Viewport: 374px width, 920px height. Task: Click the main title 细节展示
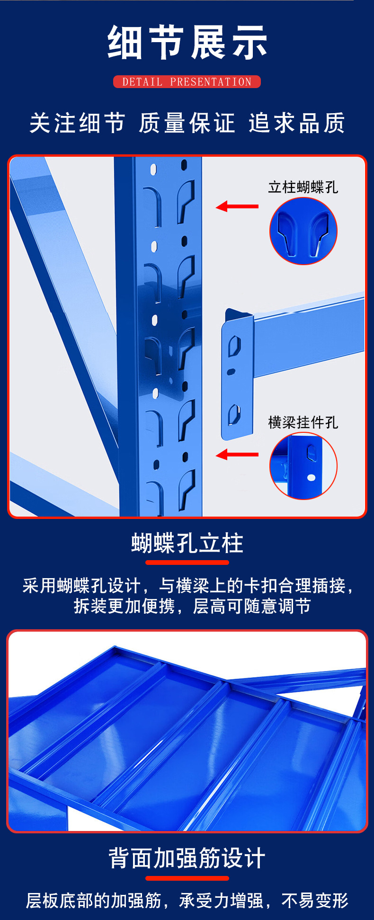click(x=187, y=43)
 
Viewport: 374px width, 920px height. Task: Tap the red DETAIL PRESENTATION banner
click(x=187, y=82)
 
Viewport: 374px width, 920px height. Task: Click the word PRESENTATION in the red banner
click(x=211, y=82)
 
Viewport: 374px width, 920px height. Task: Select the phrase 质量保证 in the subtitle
click(x=187, y=123)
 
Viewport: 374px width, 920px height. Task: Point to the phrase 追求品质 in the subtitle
click(x=297, y=123)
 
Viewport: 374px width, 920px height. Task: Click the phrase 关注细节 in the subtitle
click(x=77, y=123)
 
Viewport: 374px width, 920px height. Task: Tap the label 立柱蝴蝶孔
click(x=303, y=187)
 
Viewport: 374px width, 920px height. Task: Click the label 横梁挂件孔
click(x=303, y=422)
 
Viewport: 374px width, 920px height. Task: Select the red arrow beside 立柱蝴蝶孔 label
click(x=237, y=206)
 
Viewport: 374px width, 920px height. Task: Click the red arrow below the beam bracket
click(x=237, y=455)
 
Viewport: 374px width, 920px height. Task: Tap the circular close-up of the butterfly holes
click(x=303, y=231)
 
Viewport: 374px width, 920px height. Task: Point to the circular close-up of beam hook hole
click(x=303, y=466)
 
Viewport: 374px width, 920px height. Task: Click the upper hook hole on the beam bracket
click(x=235, y=346)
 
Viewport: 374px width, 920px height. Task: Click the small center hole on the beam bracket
click(x=231, y=372)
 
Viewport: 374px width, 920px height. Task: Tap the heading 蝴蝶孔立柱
click(x=187, y=543)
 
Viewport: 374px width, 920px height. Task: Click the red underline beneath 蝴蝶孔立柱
click(x=187, y=563)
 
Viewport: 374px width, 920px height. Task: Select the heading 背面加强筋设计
click(x=187, y=858)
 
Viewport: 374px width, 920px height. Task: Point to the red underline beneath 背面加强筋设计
click(x=187, y=878)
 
